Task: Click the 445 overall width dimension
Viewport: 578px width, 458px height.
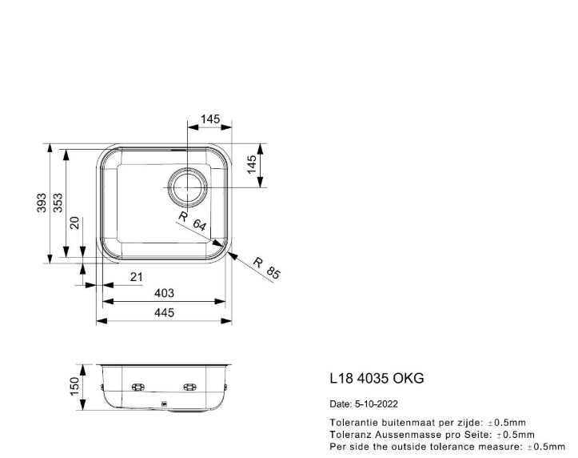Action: click(x=164, y=313)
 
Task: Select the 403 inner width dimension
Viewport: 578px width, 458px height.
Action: click(x=164, y=294)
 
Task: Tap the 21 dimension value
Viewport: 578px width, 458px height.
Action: click(x=136, y=277)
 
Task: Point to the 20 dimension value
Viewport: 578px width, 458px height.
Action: click(x=74, y=224)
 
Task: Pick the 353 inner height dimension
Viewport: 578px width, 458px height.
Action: click(x=58, y=204)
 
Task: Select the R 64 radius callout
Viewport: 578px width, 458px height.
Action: click(x=192, y=222)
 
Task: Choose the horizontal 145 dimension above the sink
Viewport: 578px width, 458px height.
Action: click(x=209, y=119)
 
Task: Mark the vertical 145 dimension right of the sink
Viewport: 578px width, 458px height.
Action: click(x=253, y=166)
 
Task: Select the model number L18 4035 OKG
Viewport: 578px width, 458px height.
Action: click(x=377, y=378)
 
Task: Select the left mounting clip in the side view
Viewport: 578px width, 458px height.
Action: click(x=137, y=388)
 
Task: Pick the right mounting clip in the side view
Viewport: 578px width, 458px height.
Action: click(x=190, y=388)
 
